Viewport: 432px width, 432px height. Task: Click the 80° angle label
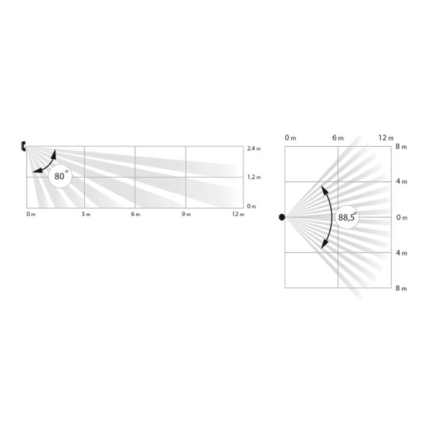(x=60, y=175)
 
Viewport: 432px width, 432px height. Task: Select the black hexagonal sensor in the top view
(x=282, y=217)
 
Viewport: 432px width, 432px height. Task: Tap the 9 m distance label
(x=186, y=215)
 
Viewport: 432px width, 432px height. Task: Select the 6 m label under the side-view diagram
(x=135, y=215)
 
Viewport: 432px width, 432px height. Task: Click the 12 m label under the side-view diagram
(x=238, y=215)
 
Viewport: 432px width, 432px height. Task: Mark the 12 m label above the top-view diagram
(x=386, y=137)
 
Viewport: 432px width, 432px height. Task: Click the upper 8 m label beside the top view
(x=403, y=148)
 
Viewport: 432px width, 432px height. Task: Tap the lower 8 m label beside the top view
(x=403, y=288)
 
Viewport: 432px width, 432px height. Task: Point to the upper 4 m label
(x=403, y=182)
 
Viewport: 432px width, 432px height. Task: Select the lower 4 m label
(x=403, y=253)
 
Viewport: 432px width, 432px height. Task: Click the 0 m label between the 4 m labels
(x=403, y=217)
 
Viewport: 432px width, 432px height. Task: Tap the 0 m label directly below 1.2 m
(x=251, y=207)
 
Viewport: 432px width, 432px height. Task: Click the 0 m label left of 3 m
(x=30, y=215)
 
